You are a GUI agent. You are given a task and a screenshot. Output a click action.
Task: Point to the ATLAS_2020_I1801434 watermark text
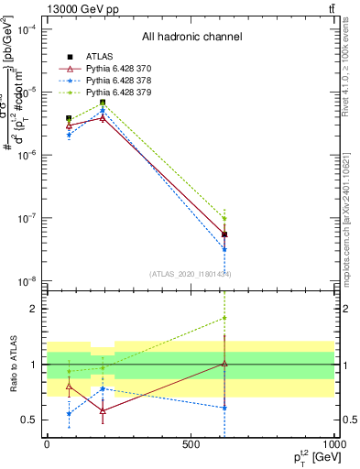[191, 274]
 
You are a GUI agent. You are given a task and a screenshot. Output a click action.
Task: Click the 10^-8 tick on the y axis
[31, 281]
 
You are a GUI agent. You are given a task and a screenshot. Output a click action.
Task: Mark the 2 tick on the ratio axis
[34, 309]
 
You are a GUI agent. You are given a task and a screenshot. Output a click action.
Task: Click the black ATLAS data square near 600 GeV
[224, 234]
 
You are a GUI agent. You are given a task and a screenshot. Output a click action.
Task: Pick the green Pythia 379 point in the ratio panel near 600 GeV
[224, 319]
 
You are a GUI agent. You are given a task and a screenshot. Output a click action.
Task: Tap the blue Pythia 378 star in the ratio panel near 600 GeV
[224, 408]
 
